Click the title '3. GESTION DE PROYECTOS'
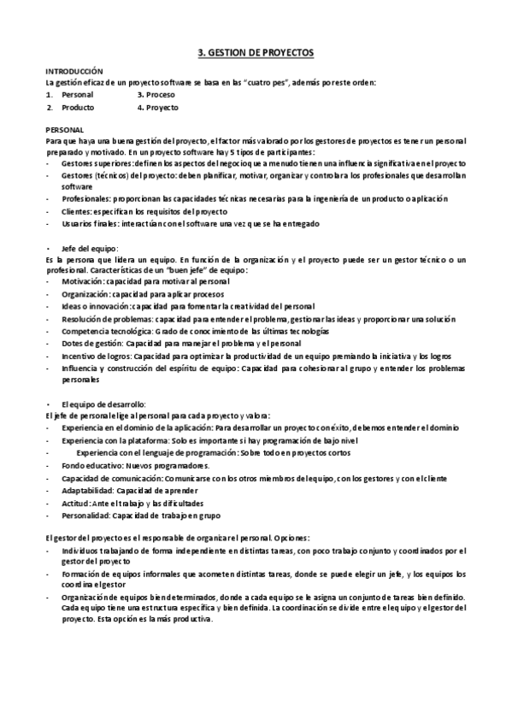pyautogui.click(x=256, y=53)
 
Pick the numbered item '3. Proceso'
pyautogui.click(x=156, y=95)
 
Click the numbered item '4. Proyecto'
pyautogui.click(x=157, y=108)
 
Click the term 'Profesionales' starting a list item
pyautogui.click(x=85, y=197)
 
